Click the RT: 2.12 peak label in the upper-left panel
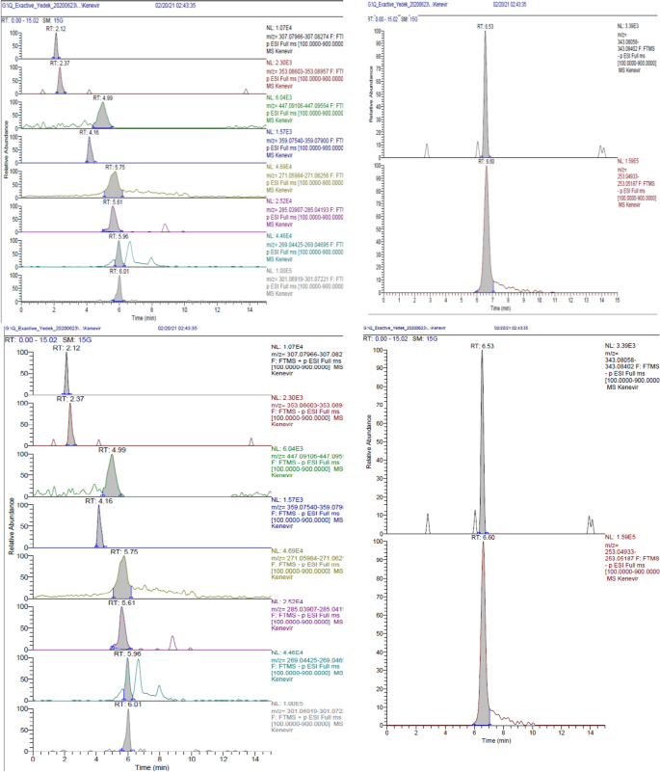(x=57, y=28)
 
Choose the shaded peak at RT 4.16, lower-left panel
(x=99, y=516)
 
